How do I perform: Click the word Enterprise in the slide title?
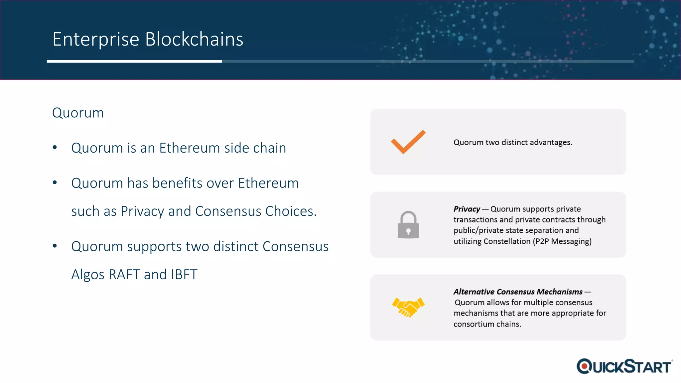(x=96, y=40)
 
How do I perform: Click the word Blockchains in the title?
(x=194, y=39)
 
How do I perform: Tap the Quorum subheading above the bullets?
(x=78, y=113)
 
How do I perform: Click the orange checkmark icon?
(x=408, y=142)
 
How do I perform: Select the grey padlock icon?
(x=408, y=225)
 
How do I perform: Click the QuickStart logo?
(x=624, y=366)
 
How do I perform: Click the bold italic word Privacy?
(x=467, y=209)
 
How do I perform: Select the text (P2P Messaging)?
(x=562, y=241)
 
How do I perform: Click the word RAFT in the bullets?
(x=124, y=275)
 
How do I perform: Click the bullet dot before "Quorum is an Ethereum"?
(x=55, y=147)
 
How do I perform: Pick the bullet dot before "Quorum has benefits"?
(x=55, y=183)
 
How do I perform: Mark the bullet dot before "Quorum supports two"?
(x=55, y=246)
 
